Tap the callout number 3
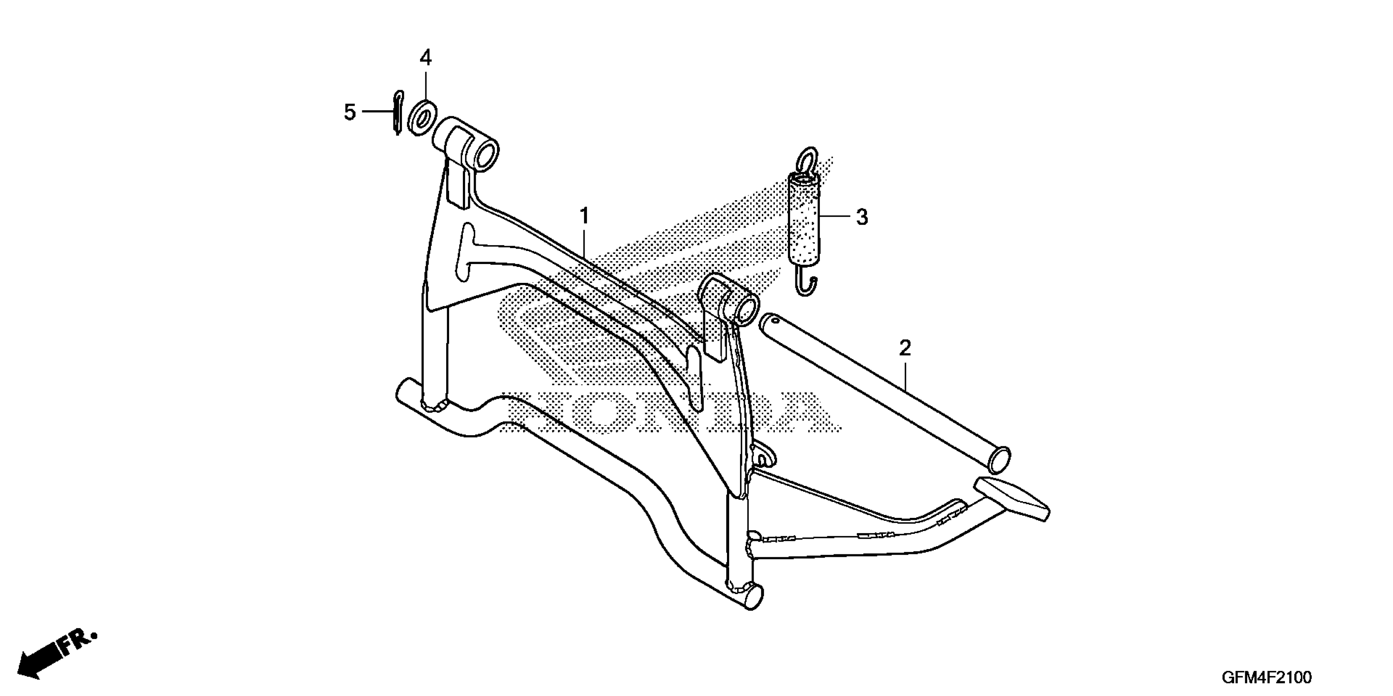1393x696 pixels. click(x=862, y=217)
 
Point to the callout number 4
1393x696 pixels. click(x=426, y=57)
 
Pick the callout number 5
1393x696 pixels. click(x=350, y=113)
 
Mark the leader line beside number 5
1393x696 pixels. click(x=377, y=111)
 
